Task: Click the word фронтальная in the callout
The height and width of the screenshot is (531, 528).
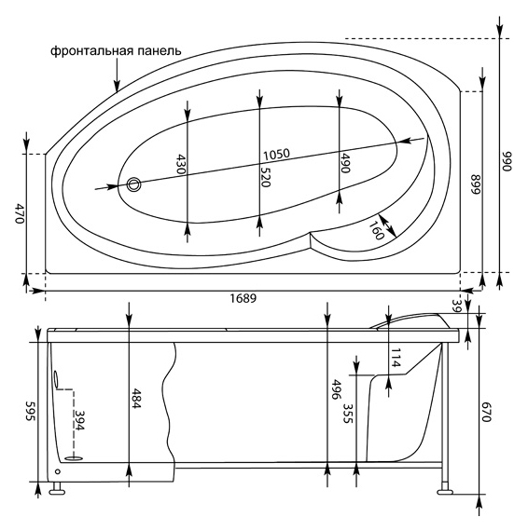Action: click(x=92, y=51)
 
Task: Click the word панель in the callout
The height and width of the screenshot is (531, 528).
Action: click(x=159, y=51)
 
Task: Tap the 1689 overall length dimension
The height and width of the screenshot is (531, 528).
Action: click(x=243, y=298)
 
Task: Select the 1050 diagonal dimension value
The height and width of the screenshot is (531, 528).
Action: click(x=277, y=155)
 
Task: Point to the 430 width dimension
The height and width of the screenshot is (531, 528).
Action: click(x=181, y=164)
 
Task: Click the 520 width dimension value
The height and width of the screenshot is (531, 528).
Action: click(x=265, y=175)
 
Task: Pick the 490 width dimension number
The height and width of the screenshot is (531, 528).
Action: click(x=345, y=163)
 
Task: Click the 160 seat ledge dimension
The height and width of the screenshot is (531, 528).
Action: click(x=376, y=230)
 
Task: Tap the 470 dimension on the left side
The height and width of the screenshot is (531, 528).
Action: click(x=20, y=213)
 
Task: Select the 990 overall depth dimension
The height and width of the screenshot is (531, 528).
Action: click(x=507, y=161)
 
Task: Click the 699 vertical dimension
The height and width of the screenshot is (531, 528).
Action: click(x=476, y=184)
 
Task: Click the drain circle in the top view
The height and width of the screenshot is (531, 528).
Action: click(x=134, y=184)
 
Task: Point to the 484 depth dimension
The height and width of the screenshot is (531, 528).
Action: click(x=136, y=398)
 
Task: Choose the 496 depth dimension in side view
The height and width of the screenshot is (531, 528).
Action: click(x=336, y=389)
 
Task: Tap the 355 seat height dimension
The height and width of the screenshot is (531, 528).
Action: click(x=348, y=413)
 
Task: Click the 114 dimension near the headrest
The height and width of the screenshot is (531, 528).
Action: click(x=396, y=358)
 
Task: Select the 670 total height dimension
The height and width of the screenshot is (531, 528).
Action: click(x=486, y=412)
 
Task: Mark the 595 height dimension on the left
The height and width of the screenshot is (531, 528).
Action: click(x=30, y=411)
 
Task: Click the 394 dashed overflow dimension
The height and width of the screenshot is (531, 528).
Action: click(x=79, y=420)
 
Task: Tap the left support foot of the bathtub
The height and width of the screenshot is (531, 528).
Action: click(x=57, y=489)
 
